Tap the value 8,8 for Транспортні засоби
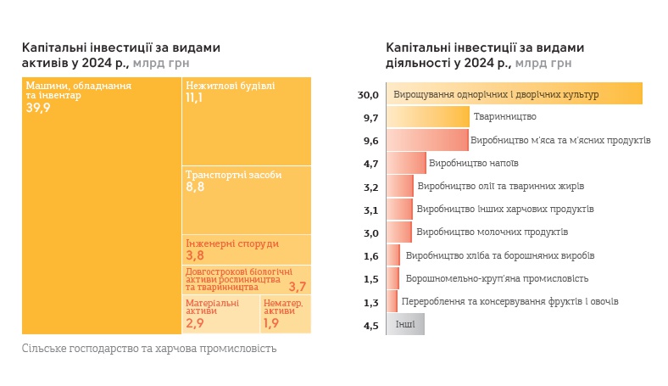[x=195, y=187]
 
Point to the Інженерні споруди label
[x=231, y=243]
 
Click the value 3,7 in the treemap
[x=297, y=287]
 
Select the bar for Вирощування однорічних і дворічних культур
[x=514, y=93]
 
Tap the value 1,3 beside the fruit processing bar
[x=370, y=302]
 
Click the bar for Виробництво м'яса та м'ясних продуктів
[x=428, y=139]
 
